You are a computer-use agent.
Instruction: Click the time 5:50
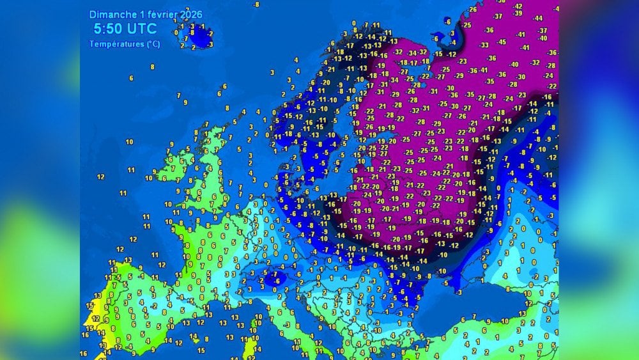tap(107, 29)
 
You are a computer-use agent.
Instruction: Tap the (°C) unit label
tap(153, 44)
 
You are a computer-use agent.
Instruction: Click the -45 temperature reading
tap(502, 42)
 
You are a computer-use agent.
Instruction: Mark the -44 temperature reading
tap(538, 18)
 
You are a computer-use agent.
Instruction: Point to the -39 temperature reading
tap(518, 13)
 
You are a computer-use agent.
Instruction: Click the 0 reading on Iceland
tap(176, 31)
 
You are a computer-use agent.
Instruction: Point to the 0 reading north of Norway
tap(354, 24)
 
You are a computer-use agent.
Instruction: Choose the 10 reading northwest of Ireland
tap(129, 142)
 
